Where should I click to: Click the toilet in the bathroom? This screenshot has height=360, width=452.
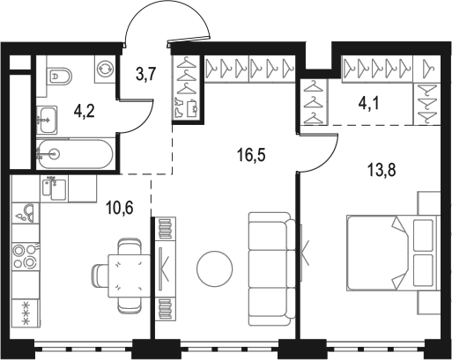point(59,77)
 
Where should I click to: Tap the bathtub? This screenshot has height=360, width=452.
point(75,156)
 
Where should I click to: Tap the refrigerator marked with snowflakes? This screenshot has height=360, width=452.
point(25,312)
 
